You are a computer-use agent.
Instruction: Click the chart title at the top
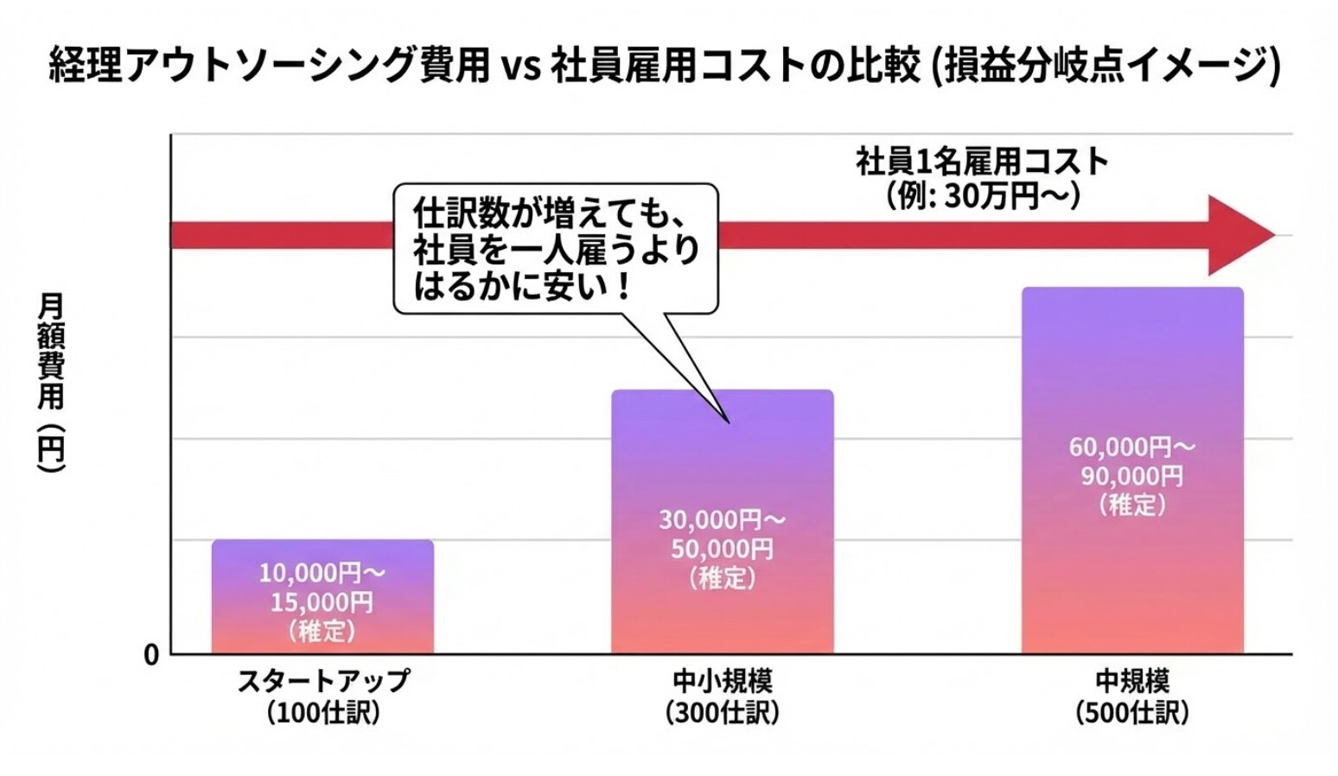pos(664,66)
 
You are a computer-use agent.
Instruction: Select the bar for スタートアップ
pos(322,596)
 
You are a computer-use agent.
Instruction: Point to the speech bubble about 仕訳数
pos(556,249)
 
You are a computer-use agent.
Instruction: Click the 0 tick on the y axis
pos(151,655)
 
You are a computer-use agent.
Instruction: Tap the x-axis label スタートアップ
pos(322,681)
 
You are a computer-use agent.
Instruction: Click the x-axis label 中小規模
pos(723,681)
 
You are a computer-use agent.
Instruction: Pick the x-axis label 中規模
pos(1132,681)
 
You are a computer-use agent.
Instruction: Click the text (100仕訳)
pos(322,713)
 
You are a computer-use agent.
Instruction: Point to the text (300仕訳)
pos(723,713)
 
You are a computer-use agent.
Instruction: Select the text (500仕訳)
pos(1132,713)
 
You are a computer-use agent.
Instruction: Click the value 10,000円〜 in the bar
pos(322,572)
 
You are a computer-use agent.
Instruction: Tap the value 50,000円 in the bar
pos(723,549)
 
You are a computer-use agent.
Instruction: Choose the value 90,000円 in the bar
pos(1132,476)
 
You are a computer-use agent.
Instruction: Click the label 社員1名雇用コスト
pos(982,162)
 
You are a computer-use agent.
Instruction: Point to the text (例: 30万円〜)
pos(982,196)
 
